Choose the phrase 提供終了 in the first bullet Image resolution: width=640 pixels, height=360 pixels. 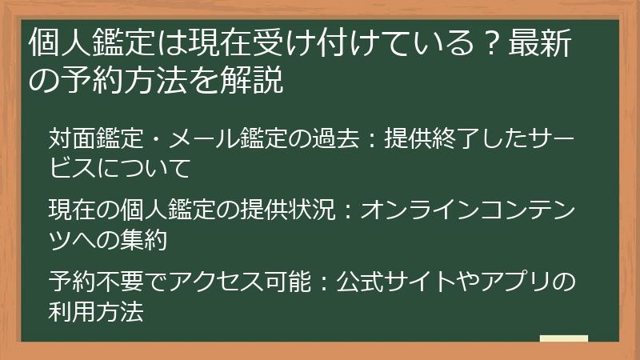click(x=439, y=138)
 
